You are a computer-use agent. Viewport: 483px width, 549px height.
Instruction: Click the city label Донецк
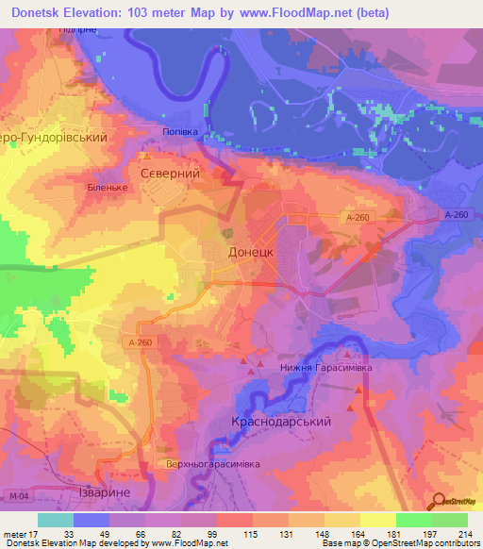pos(251,253)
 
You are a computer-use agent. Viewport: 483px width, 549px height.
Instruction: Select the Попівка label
pos(180,132)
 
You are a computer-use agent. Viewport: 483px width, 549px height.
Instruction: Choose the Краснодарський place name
pos(280,423)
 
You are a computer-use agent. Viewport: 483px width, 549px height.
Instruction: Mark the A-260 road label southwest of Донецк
pos(139,342)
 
